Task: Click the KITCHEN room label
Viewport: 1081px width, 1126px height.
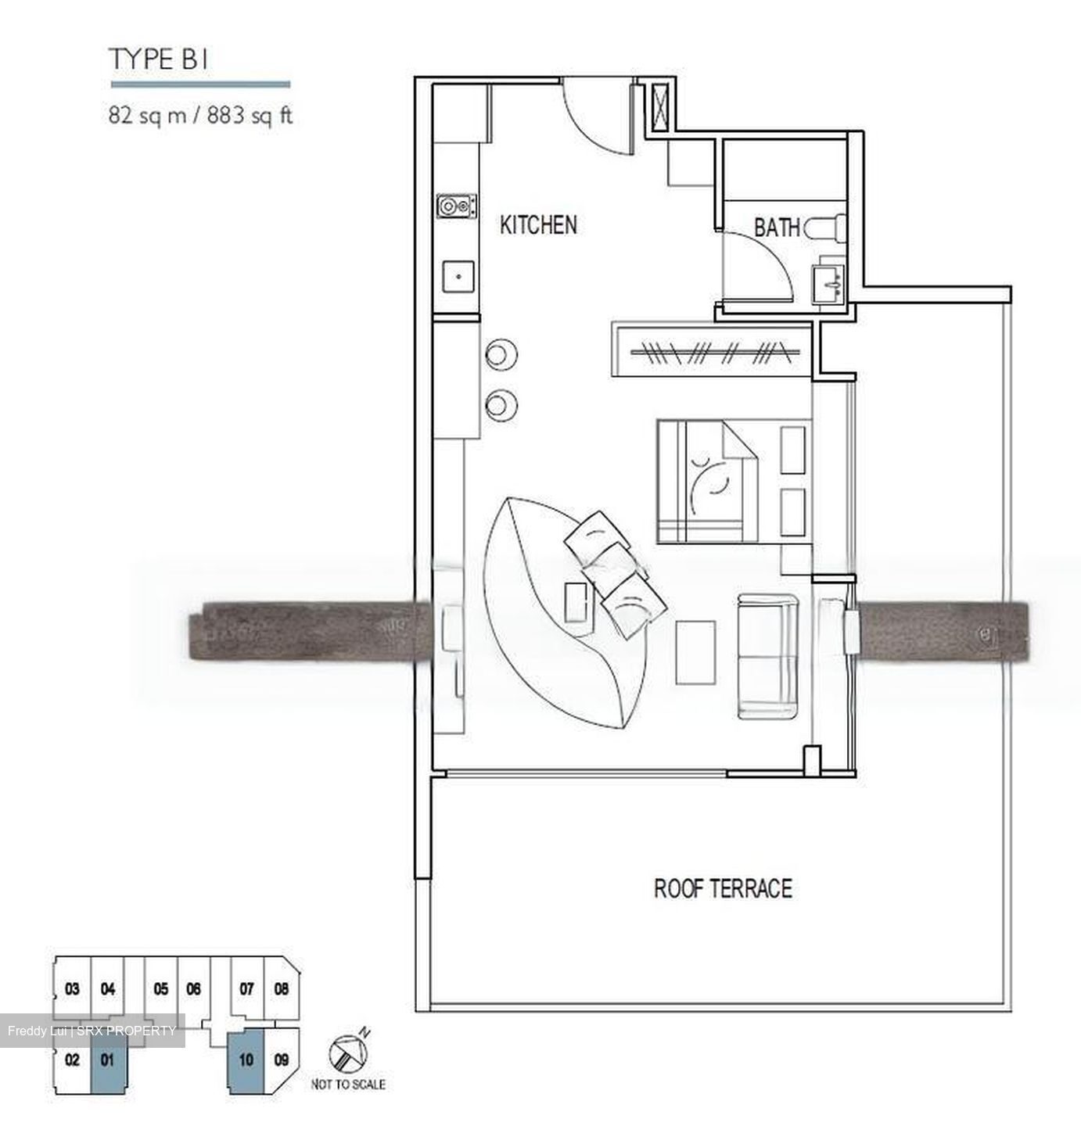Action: [x=538, y=225]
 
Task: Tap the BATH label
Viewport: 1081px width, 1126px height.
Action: [x=776, y=228]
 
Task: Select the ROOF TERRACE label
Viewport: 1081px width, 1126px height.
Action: [x=723, y=888]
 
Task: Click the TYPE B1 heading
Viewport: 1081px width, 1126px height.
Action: [x=159, y=59]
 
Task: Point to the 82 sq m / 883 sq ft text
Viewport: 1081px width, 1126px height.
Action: [x=200, y=117]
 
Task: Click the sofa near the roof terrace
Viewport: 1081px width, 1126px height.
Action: [x=768, y=656]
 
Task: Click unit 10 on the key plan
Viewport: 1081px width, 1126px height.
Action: [x=246, y=1062]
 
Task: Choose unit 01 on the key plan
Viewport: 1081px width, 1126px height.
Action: [x=108, y=1062]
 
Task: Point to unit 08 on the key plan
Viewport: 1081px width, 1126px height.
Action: [x=281, y=989]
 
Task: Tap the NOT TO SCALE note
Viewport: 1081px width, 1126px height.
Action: [x=347, y=1085]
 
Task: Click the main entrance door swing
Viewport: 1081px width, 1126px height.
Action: [x=593, y=117]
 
